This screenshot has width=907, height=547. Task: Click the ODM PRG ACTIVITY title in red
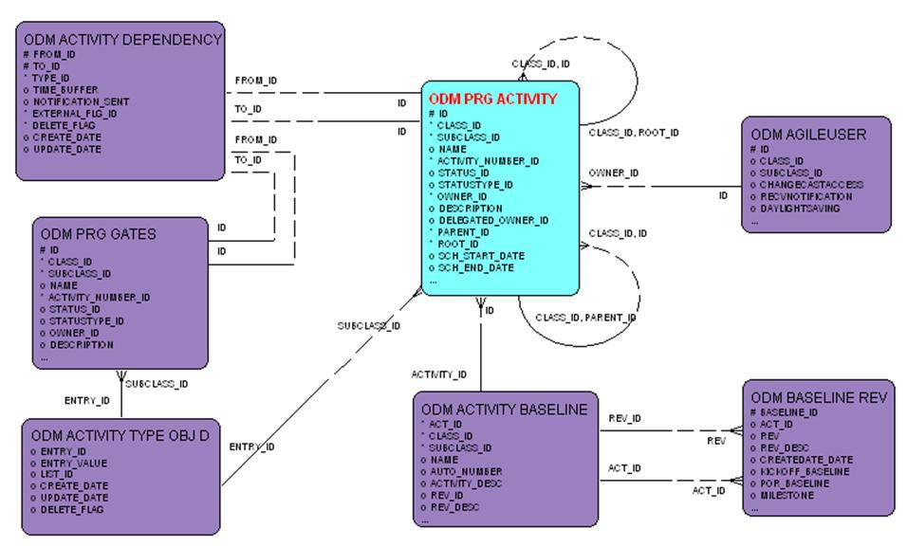pos(492,98)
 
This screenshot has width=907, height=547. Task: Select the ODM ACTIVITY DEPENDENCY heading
pos(122,40)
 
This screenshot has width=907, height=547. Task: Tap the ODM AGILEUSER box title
pos(807,134)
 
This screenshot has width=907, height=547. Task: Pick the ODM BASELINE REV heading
pos(818,397)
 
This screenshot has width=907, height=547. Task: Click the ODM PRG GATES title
pos(99,234)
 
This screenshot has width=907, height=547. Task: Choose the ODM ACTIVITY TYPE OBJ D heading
pos(116,436)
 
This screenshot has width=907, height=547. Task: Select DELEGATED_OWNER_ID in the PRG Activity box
pos(492,220)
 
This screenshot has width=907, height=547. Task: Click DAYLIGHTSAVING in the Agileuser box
pos(800,209)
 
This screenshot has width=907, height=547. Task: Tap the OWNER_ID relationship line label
pos(613,173)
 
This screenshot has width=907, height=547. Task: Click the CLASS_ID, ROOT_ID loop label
pos(633,133)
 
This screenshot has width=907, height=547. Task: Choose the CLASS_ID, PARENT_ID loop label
pos(585,318)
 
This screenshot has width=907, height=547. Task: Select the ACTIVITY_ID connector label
pos(438,374)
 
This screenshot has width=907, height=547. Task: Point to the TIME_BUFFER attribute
pos(69,90)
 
